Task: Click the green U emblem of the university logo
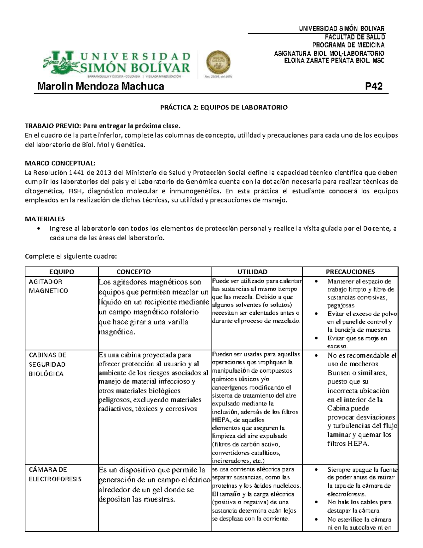63,62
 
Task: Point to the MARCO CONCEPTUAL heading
60,163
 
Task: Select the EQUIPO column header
62,272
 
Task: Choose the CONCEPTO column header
134,272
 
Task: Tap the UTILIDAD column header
252,272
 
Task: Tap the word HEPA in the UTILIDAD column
220,420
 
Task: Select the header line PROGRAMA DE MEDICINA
348,45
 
